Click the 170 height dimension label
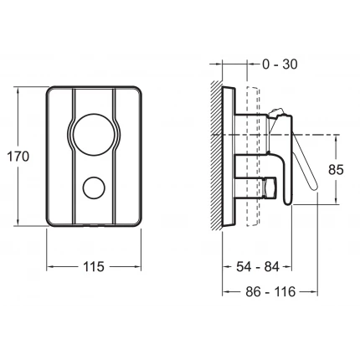[x=18, y=157]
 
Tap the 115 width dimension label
[x=94, y=267]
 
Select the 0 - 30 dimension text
[x=280, y=64]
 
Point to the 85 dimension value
[x=336, y=170]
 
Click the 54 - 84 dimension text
[x=258, y=267]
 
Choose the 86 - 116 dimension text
[x=270, y=292]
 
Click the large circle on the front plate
[x=94, y=134]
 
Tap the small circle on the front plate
[x=94, y=188]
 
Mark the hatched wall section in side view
[x=217, y=155]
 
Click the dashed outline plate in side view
[x=254, y=157]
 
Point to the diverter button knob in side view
[x=270, y=188]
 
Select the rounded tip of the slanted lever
[x=314, y=186]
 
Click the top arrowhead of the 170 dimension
[x=18, y=90]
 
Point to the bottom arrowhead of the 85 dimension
[x=337, y=201]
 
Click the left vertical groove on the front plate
[x=73, y=157]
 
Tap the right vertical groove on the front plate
[x=116, y=157]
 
